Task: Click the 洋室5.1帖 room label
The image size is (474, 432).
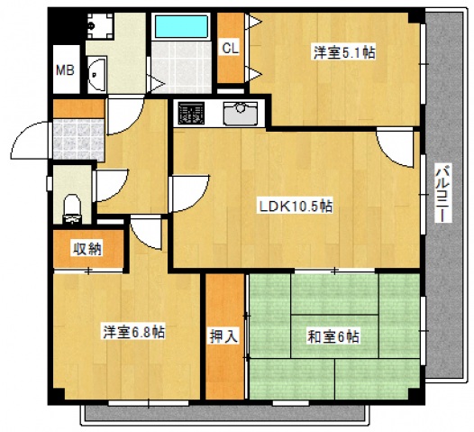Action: click(x=345, y=53)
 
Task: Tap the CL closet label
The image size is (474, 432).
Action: click(x=231, y=49)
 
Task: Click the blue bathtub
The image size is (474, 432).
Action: click(x=180, y=25)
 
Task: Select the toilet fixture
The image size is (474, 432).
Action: click(x=72, y=206)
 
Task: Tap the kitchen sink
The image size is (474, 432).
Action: click(x=241, y=113)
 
